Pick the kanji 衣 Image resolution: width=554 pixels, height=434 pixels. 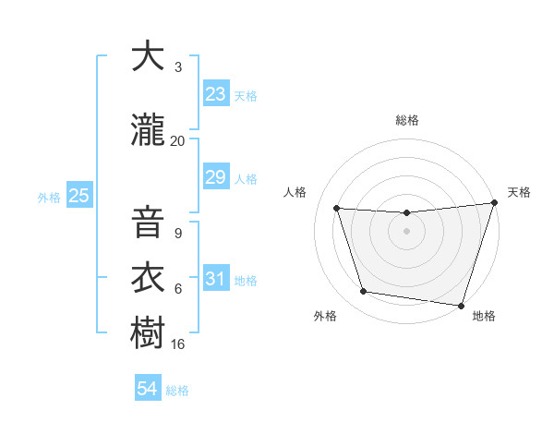point(148,278)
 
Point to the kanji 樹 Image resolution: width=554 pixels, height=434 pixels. point(148,332)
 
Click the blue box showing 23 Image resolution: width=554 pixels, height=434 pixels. point(215,94)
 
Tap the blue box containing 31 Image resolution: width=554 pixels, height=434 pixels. point(215,278)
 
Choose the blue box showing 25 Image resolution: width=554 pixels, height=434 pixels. point(78,196)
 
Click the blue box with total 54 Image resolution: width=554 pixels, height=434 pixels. point(147,389)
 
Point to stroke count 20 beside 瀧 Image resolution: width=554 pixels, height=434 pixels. point(177,141)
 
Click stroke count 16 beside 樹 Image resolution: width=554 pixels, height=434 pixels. point(178,344)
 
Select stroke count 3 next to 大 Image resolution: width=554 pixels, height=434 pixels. point(178,67)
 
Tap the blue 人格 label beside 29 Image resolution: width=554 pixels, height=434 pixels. point(246,178)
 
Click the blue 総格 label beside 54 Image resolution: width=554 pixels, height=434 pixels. point(177,391)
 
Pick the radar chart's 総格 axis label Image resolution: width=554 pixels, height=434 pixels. point(406,120)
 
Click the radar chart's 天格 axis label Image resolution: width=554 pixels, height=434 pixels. point(519,192)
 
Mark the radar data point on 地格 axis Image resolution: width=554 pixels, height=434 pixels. point(461,305)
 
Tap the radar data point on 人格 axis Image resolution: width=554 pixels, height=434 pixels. point(337,209)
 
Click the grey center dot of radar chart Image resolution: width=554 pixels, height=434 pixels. point(406,231)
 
